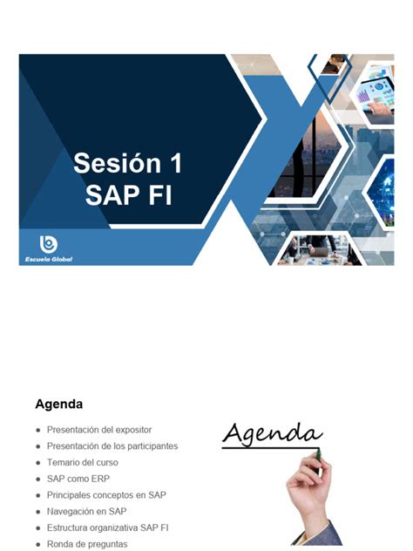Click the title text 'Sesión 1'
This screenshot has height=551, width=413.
point(127,163)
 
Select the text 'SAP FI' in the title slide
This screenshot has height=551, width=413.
point(127,194)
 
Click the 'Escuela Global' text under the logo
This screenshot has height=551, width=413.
point(50,258)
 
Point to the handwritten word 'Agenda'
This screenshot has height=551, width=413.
point(272,432)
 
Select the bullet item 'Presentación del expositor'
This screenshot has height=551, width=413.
point(99,430)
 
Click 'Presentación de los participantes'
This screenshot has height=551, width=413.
point(112,446)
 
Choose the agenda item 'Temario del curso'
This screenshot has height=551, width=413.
point(83,462)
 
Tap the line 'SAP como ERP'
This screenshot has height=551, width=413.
point(78,479)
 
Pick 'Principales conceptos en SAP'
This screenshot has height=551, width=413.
point(106,495)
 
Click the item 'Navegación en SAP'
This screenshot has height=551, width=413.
point(87,511)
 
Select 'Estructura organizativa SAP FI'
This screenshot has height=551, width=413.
point(108,527)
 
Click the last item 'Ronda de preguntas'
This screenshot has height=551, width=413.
point(87,544)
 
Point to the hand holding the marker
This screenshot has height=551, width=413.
point(309,497)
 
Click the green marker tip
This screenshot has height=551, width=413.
point(318,453)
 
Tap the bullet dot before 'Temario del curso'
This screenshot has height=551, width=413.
point(37,463)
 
